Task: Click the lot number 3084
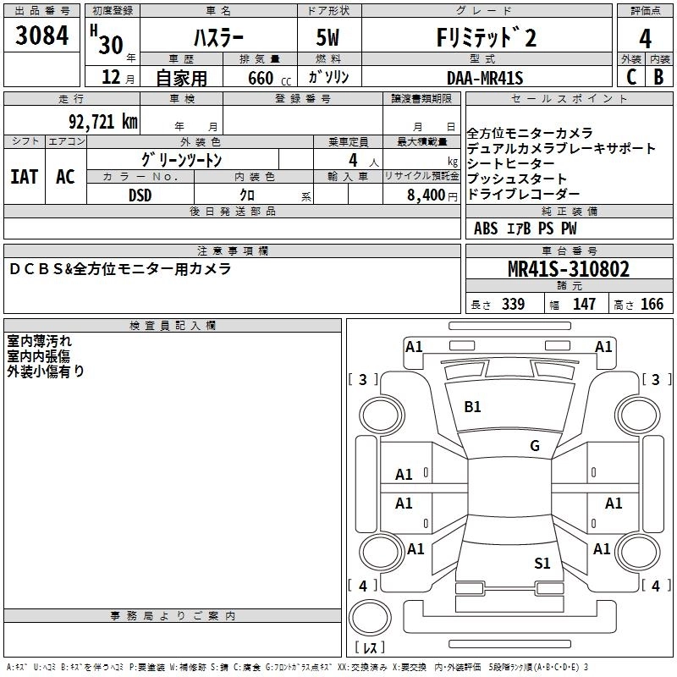point(42,37)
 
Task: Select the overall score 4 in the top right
point(646,38)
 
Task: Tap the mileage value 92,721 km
point(102,122)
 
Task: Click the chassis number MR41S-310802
point(568,269)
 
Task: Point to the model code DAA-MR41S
point(485,78)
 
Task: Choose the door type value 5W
point(330,38)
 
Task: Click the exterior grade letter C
point(630,77)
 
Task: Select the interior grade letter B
point(658,77)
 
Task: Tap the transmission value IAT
point(24,176)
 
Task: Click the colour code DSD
point(140,195)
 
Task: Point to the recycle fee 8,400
point(427,195)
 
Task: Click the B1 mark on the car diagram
point(472,407)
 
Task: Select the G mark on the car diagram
point(535,446)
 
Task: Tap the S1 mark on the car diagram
point(542,563)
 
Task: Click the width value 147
point(584,305)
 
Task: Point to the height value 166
point(652,305)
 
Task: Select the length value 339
point(512,305)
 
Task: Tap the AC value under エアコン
point(65,176)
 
